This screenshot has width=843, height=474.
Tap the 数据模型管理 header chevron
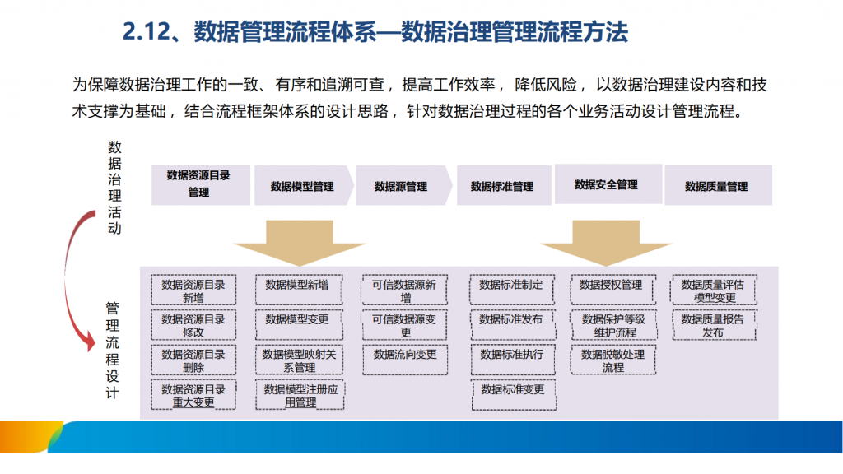(304, 185)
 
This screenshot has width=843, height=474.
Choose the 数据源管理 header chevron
(403, 185)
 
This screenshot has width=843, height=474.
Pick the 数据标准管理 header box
(504, 185)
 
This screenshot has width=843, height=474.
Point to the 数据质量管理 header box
(718, 185)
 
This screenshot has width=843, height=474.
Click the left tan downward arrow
(300, 243)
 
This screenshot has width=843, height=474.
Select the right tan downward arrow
(606, 243)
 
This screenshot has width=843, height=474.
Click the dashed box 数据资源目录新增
(193, 290)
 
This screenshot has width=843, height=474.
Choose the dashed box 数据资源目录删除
(193, 360)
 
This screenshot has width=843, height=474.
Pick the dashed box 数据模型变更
(298, 324)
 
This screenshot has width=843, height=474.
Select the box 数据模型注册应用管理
(300, 395)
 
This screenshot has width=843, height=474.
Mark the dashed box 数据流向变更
(405, 360)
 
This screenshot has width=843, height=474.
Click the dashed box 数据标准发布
(512, 324)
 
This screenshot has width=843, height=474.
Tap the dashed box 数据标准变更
(514, 395)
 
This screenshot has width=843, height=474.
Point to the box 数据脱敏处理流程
(612, 360)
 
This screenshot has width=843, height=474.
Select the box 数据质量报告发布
(714, 325)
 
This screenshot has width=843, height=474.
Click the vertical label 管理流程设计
(112, 351)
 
